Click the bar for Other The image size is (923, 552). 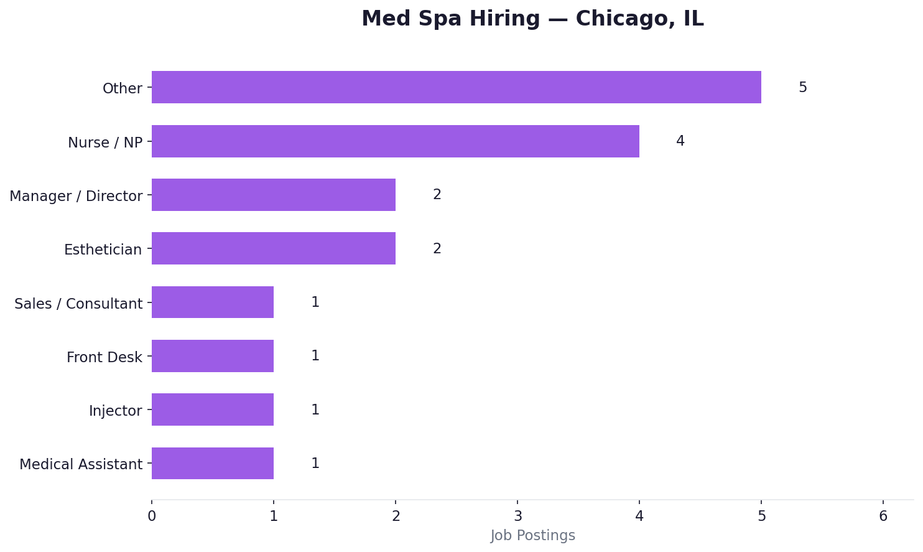(456, 87)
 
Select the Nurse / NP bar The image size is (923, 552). (395, 141)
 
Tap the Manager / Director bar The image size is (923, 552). (273, 195)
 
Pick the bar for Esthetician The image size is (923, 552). (273, 248)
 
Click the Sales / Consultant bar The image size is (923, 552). (212, 302)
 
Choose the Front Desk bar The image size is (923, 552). (212, 356)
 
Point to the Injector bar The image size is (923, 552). (212, 409)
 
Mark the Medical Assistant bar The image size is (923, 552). (212, 464)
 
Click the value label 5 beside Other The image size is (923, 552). (802, 88)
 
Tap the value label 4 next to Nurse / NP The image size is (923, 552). (680, 141)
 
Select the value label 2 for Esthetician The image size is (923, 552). (437, 249)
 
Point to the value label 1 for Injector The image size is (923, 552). (315, 410)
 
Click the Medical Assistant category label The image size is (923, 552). (81, 464)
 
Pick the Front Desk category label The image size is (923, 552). (104, 357)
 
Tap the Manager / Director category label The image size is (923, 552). (76, 196)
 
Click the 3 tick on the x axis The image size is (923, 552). (517, 516)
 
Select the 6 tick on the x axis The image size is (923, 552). (883, 516)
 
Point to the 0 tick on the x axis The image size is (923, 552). (152, 516)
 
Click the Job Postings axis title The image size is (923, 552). (532, 536)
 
